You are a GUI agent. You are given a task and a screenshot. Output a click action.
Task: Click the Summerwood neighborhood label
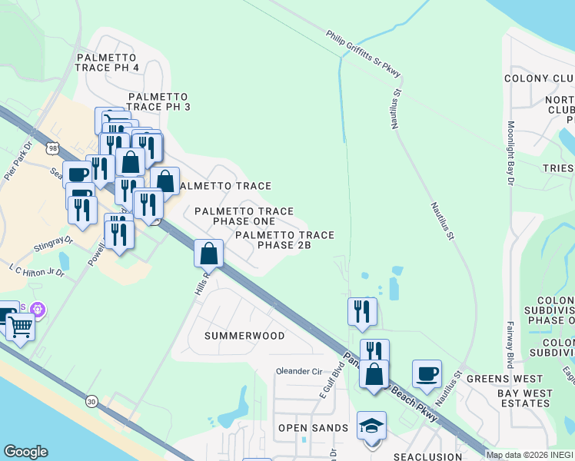click(244, 336)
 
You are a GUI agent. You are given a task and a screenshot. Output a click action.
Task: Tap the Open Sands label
click(313, 428)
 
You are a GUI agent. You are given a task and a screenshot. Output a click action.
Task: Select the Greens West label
click(504, 379)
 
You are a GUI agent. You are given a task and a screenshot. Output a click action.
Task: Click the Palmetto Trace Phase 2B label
click(284, 240)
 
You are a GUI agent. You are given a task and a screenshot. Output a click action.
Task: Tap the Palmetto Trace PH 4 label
click(107, 62)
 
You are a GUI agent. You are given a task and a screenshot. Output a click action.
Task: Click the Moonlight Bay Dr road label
click(510, 154)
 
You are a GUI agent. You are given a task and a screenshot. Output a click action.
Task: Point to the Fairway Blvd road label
click(510, 346)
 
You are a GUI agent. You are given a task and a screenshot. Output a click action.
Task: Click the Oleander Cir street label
click(298, 371)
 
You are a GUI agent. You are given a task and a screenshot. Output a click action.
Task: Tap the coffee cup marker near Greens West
click(427, 374)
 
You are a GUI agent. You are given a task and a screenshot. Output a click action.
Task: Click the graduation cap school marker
click(372, 426)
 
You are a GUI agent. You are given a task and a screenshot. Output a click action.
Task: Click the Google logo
click(25, 452)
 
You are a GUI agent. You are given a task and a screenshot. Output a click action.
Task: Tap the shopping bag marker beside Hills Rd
click(209, 253)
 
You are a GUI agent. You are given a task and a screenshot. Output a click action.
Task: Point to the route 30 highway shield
click(92, 400)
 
